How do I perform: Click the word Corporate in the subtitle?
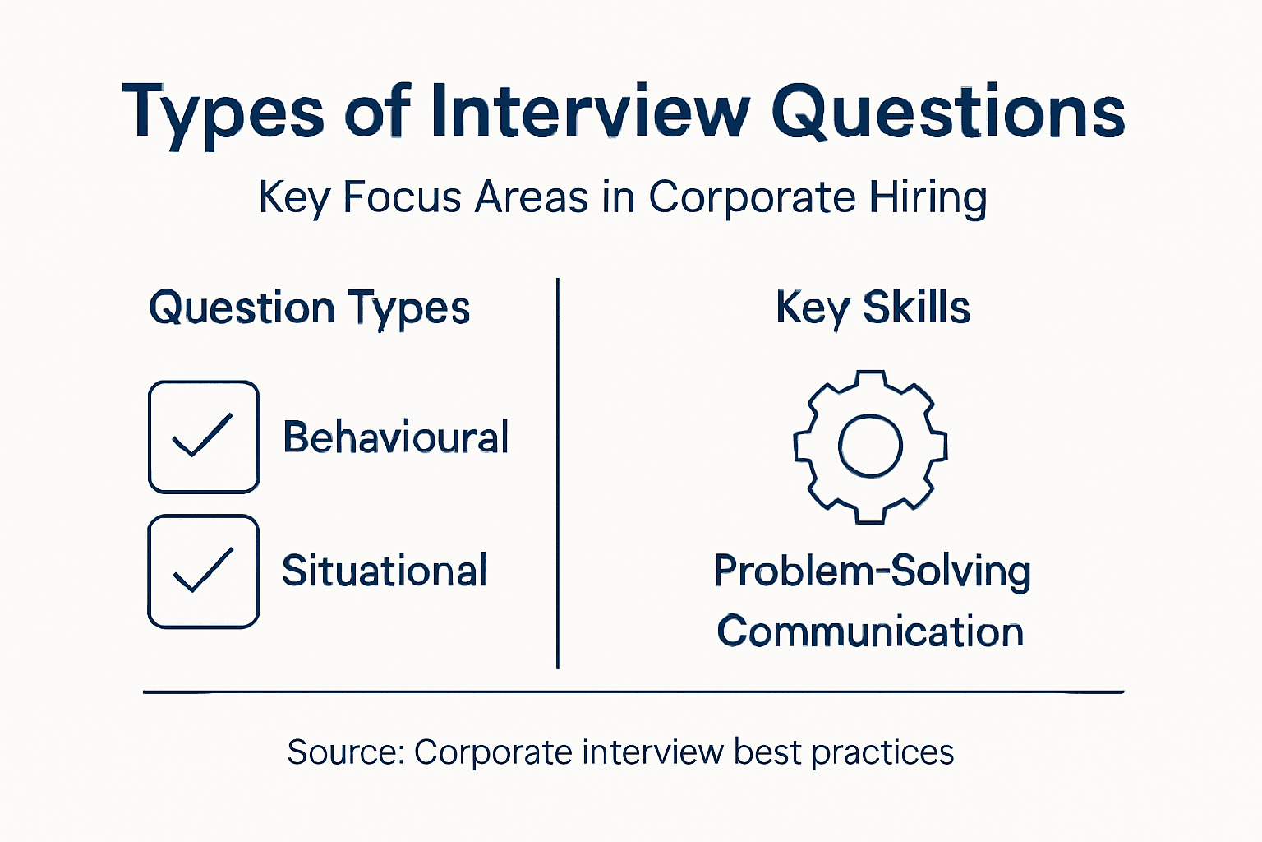click(751, 197)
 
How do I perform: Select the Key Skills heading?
click(873, 308)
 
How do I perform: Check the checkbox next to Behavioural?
click(204, 437)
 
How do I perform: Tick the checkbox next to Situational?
click(204, 571)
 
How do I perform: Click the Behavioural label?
click(396, 437)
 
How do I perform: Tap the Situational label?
click(385, 571)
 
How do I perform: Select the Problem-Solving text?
click(872, 571)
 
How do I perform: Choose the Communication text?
click(870, 631)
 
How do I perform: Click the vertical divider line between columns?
click(558, 473)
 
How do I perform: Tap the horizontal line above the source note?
click(633, 692)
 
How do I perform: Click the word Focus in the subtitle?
click(402, 197)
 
